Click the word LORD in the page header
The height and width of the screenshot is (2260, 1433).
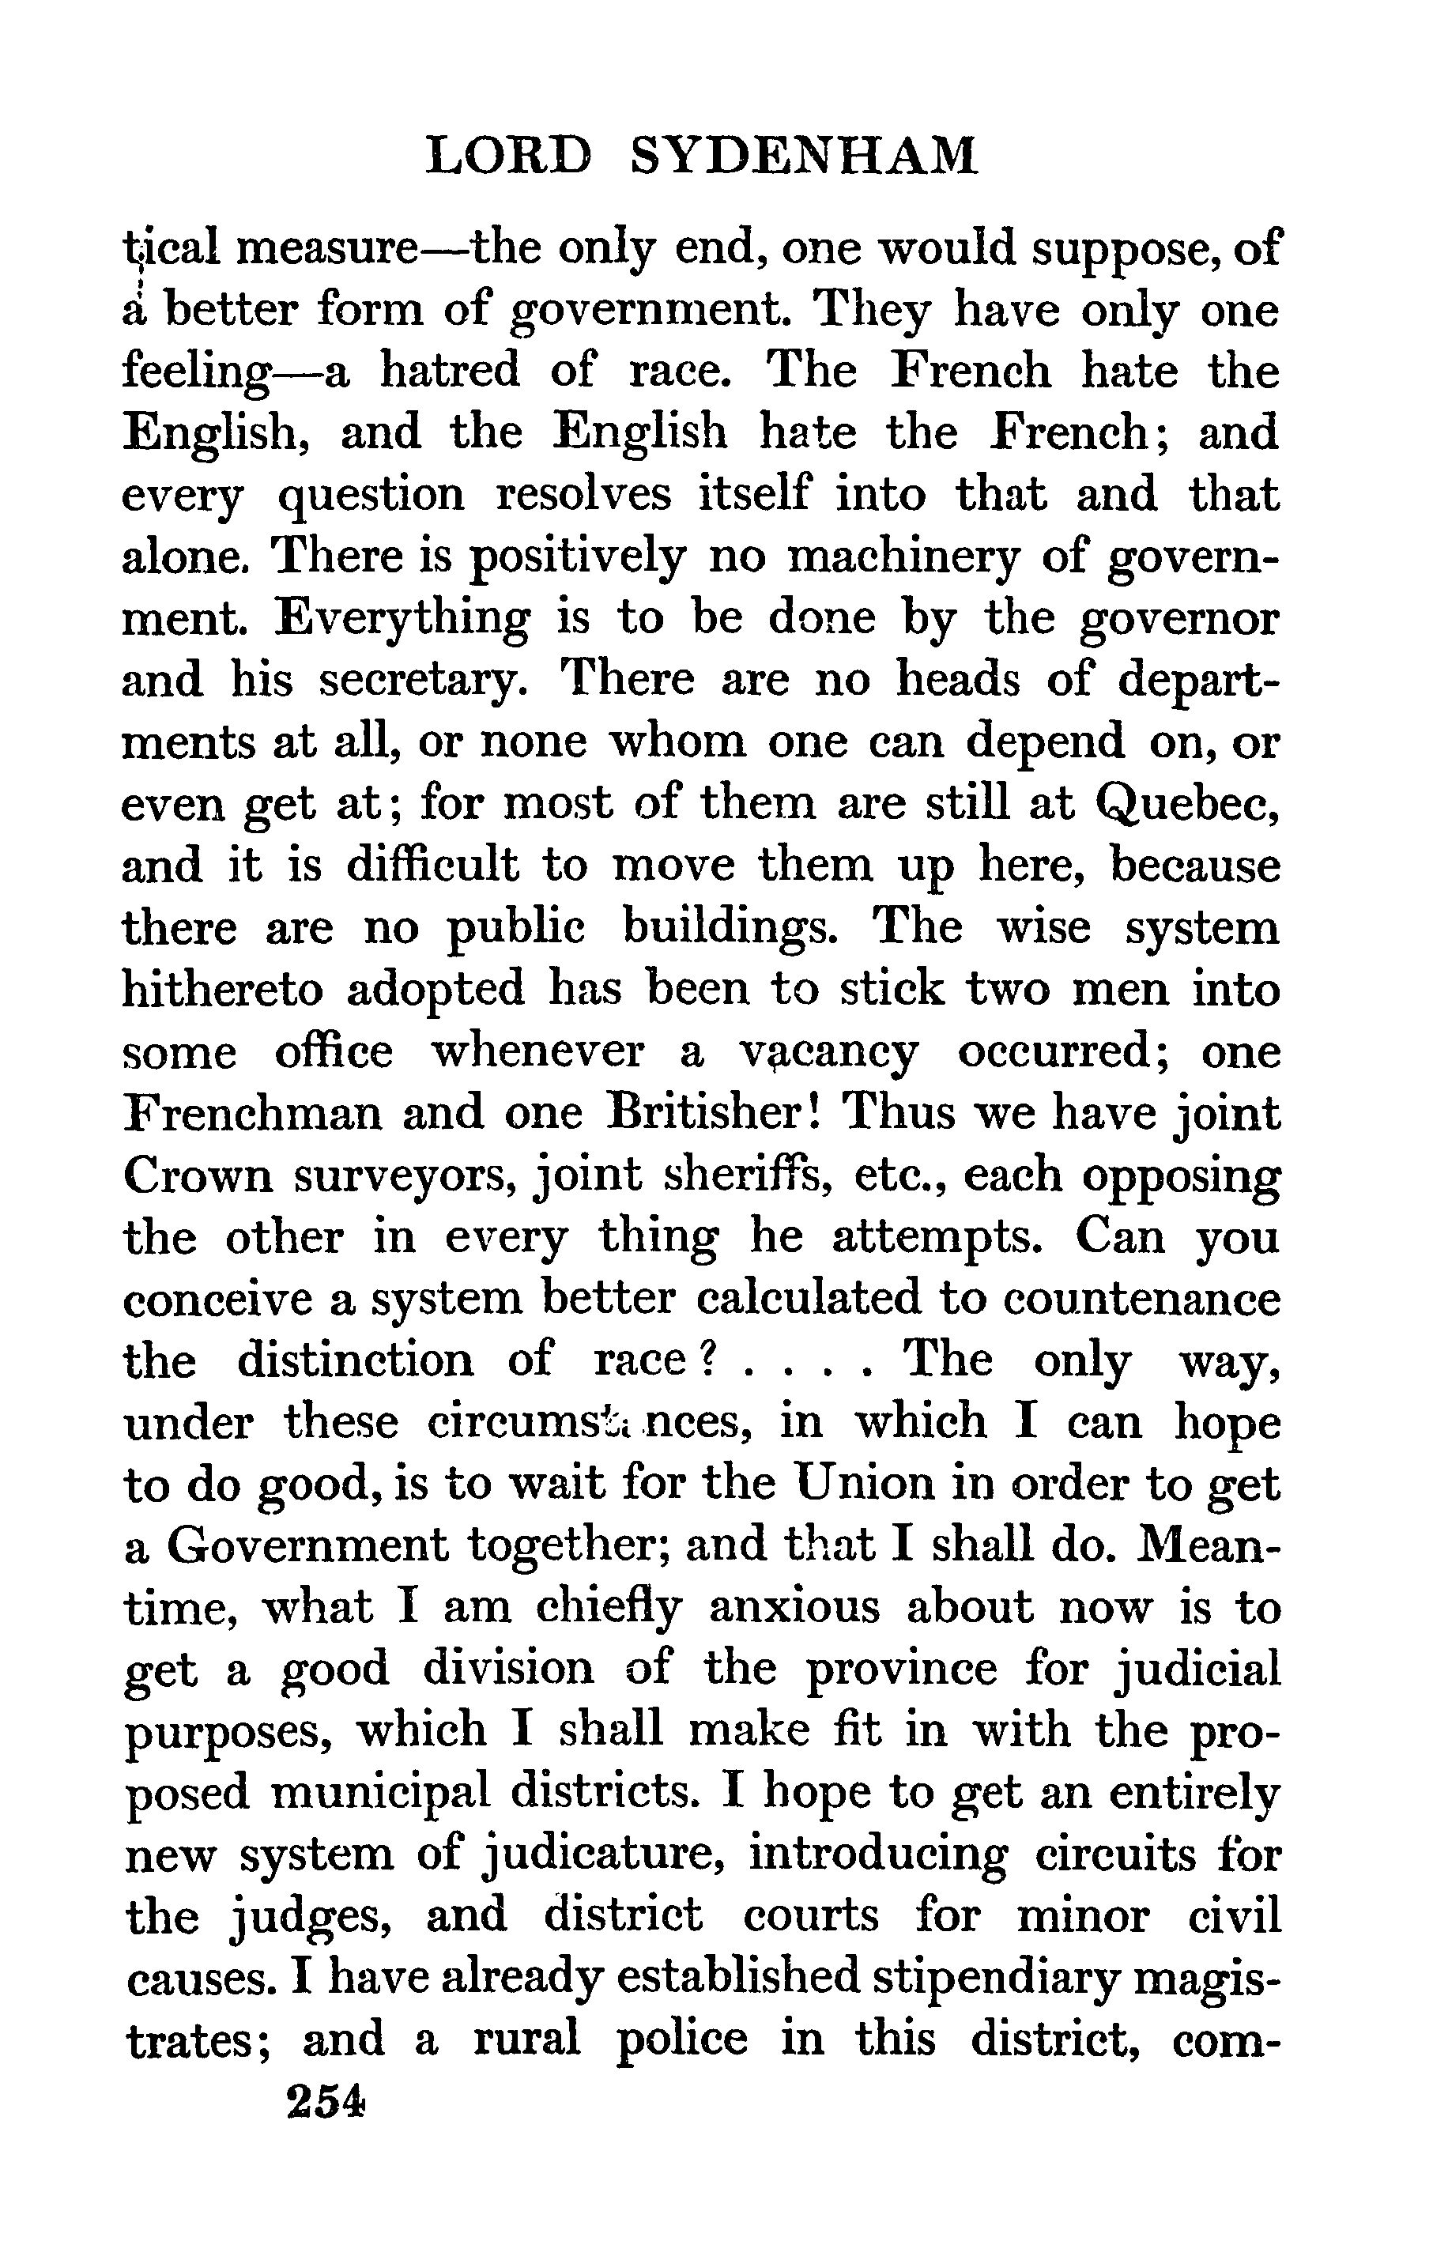pyautogui.click(x=509, y=156)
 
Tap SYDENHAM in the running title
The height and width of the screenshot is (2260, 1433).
pyautogui.click(x=803, y=156)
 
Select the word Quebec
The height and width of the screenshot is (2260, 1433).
pyautogui.click(x=1186, y=803)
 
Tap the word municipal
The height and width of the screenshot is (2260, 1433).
pyautogui.click(x=380, y=1793)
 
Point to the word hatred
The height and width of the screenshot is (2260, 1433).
pyautogui.click(x=450, y=372)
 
